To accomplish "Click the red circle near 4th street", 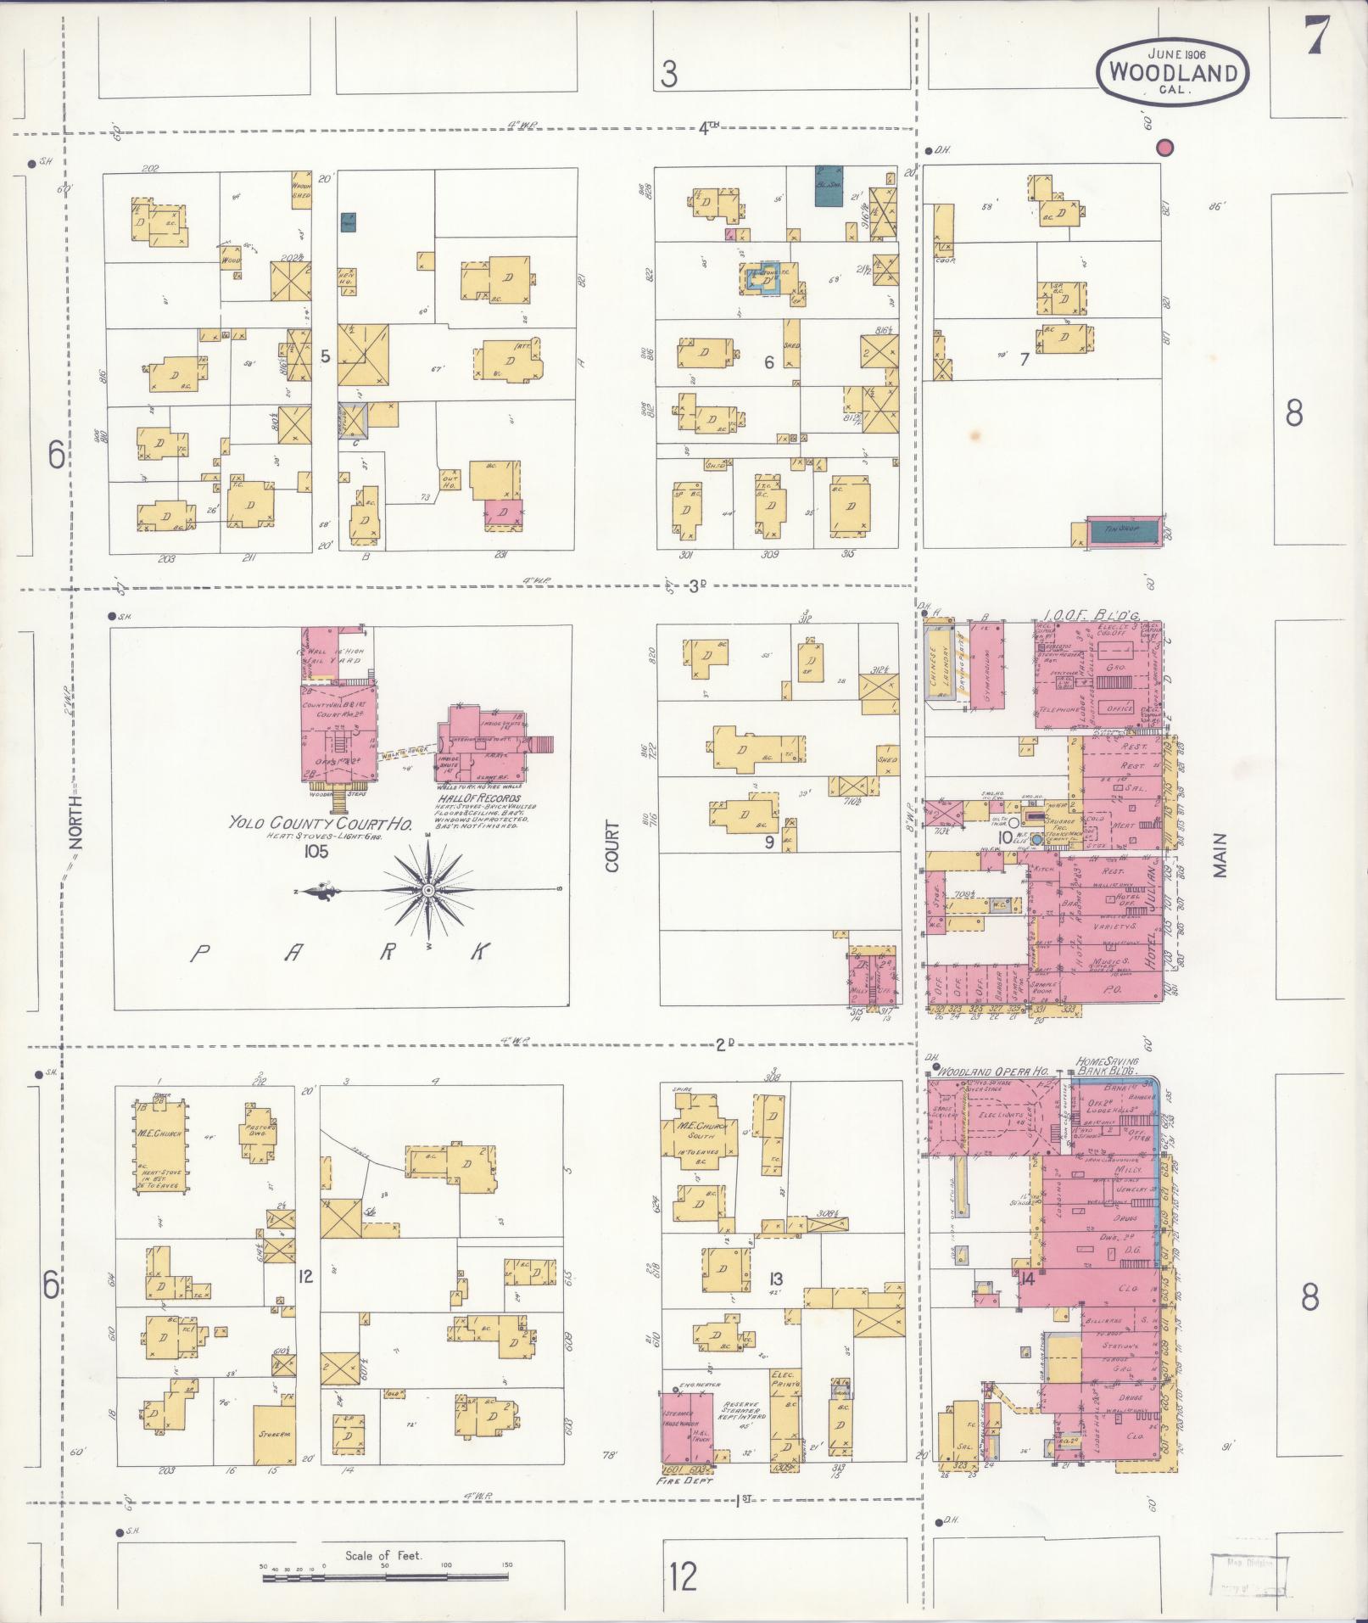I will pyautogui.click(x=1166, y=148).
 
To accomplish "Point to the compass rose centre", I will pyautogui.click(x=429, y=890).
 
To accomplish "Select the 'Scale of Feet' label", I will pyautogui.click(x=383, y=1555).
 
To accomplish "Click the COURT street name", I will pyautogui.click(x=613, y=846).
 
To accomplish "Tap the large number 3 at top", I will pyautogui.click(x=669, y=76).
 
